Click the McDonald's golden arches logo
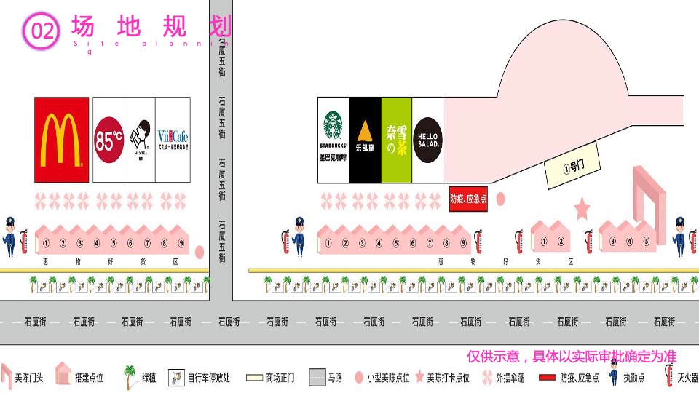tap(61, 139)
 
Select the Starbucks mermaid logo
tap(333, 125)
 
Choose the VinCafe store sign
tap(173, 139)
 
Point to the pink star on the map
tap(582, 210)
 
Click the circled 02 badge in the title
tap(42, 31)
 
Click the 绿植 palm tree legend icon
tap(130, 376)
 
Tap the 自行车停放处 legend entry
tap(208, 378)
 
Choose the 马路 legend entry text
tap(335, 378)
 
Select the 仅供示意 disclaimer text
tap(571, 356)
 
